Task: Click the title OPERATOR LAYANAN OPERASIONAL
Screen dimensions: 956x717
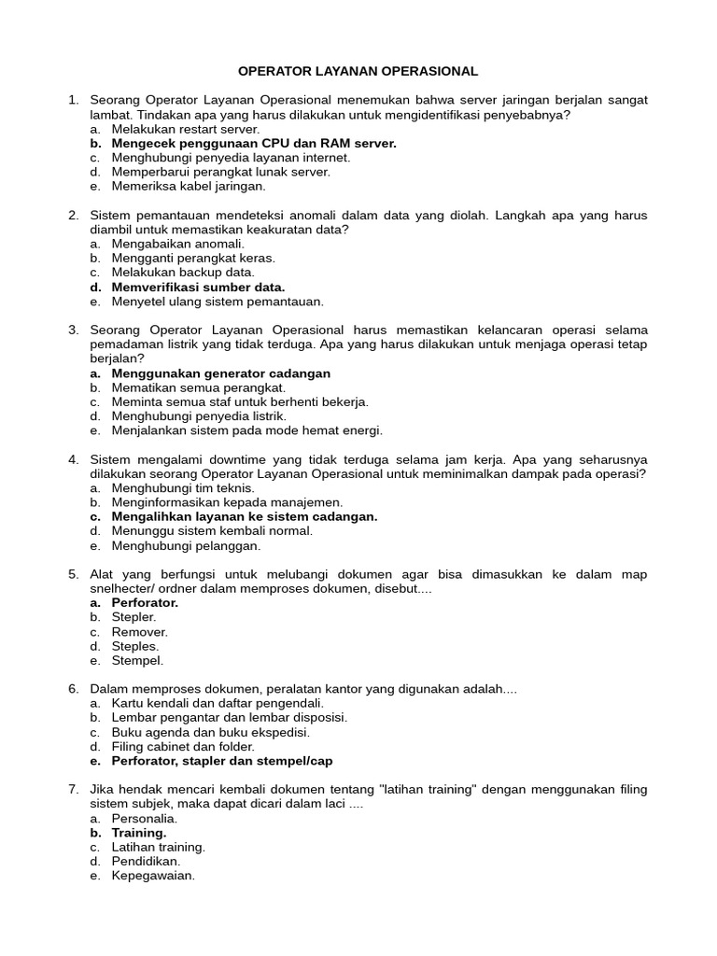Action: [358, 71]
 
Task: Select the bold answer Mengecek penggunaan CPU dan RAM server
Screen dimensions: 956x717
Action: [254, 144]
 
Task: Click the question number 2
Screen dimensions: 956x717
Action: [73, 216]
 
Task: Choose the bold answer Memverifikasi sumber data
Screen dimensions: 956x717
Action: [198, 288]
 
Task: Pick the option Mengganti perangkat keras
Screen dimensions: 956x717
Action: [193, 259]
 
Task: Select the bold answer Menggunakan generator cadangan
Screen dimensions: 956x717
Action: [221, 373]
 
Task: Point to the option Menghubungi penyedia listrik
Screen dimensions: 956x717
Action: [199, 416]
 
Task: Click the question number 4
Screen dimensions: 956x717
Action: [73, 460]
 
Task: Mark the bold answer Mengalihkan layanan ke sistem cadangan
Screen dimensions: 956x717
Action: [245, 516]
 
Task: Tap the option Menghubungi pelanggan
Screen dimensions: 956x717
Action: [186, 545]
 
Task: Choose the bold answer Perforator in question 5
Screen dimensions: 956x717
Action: [145, 603]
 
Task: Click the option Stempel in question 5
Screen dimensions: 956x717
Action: [137, 660]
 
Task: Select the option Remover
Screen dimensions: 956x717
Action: [139, 632]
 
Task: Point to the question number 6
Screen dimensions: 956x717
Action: [73, 689]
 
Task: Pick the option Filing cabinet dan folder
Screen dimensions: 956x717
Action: [183, 747]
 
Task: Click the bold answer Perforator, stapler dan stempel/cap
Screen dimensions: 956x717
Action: [222, 761]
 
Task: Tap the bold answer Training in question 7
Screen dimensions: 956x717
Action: [139, 833]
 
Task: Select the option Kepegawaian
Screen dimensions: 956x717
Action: [153, 876]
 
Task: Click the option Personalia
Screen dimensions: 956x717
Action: [144, 819]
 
